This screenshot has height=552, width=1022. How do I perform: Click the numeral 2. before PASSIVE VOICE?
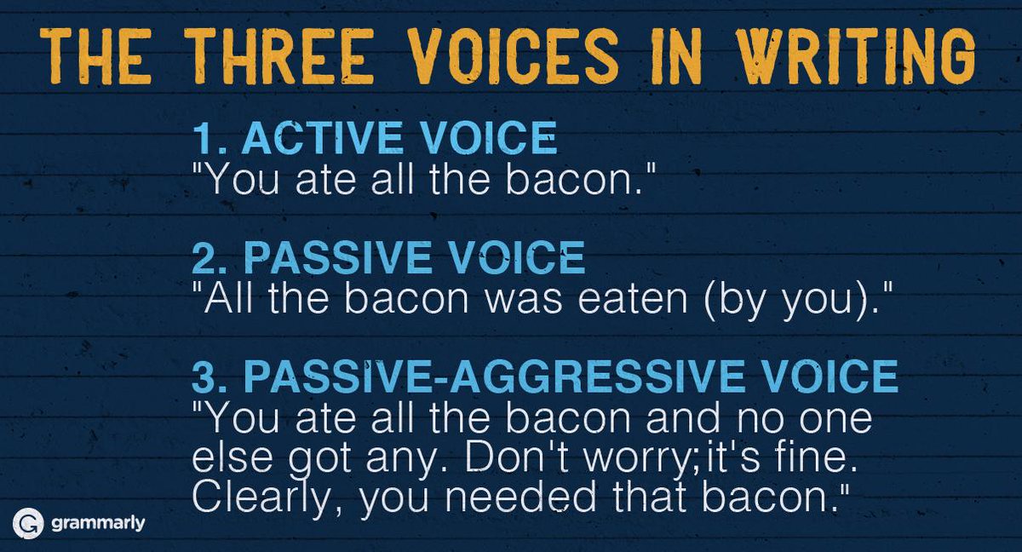tap(206, 257)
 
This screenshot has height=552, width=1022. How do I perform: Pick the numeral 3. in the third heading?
tap(206, 377)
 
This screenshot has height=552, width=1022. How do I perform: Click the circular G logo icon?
tap(28, 522)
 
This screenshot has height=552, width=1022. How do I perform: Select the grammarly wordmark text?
tap(97, 522)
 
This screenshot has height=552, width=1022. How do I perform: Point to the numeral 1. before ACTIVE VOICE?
tap(206, 139)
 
